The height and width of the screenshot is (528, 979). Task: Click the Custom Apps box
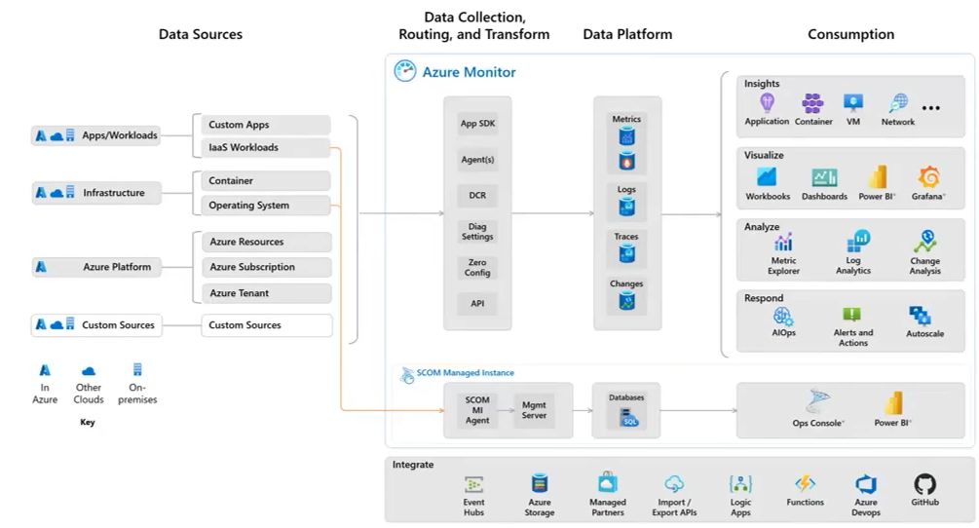266,125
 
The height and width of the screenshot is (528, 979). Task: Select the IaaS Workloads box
266,148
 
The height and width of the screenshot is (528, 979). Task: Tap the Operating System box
266,206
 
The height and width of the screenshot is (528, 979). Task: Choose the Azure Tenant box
266,293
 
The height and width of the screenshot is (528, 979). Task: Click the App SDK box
477,124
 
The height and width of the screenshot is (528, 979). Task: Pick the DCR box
477,196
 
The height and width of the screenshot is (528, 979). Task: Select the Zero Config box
477,268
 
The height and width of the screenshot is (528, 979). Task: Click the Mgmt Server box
534,409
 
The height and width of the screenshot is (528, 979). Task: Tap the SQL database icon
626,417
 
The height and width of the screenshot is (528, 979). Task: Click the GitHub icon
924,484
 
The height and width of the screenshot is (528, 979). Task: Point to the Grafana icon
929,177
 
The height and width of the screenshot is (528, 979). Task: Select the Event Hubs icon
474,484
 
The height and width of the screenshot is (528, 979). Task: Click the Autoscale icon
920,315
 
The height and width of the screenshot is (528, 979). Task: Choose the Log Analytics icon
857,242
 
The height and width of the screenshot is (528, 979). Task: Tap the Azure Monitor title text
469,72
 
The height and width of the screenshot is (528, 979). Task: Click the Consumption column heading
850,34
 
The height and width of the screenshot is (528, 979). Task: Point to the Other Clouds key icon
89,370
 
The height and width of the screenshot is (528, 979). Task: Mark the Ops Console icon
818,402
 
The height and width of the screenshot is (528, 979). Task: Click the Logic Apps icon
740,484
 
